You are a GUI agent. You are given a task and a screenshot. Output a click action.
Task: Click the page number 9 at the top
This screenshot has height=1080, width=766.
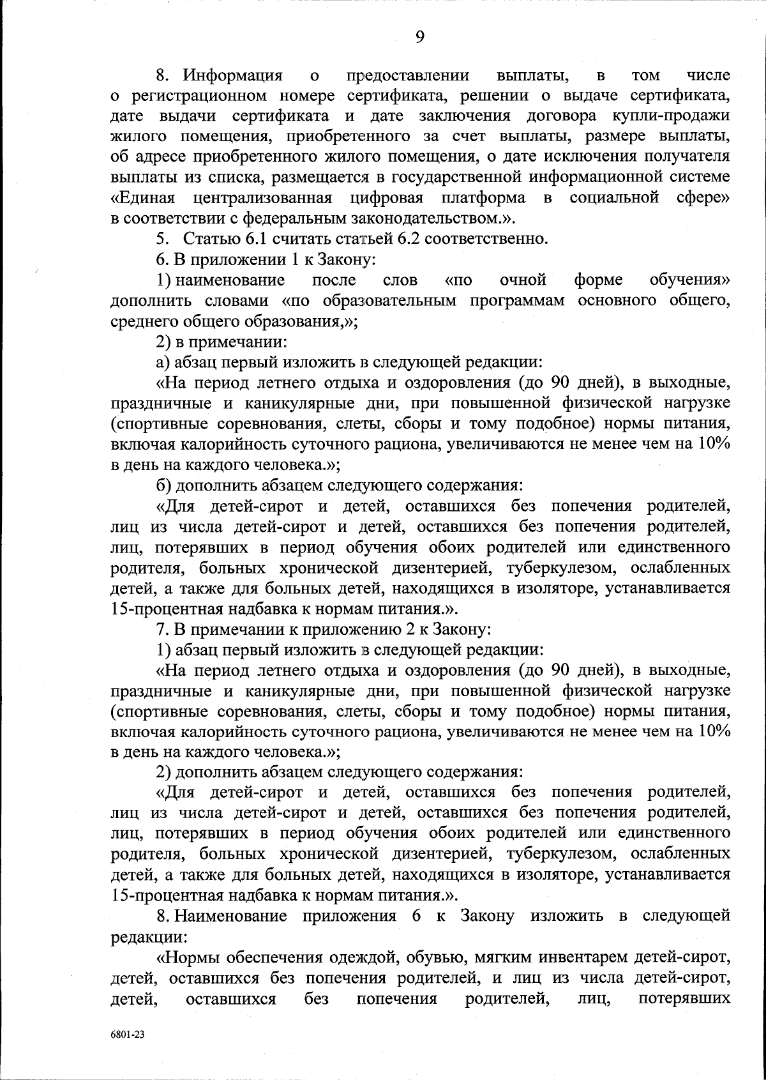419,36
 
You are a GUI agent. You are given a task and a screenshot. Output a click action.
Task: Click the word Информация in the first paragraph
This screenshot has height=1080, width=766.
233,76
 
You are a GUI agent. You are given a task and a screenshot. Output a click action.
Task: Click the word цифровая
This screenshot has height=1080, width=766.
387,198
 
